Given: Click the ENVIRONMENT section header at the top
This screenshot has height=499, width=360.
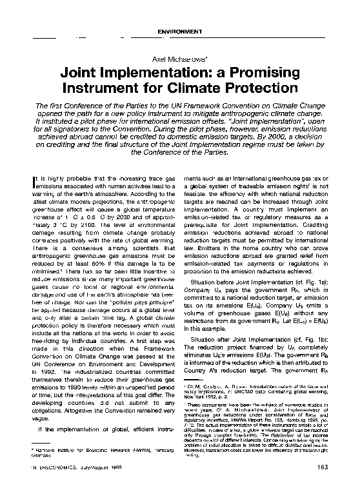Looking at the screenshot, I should (x=179, y=31).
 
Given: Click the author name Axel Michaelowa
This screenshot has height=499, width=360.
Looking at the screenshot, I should (x=179, y=59).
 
